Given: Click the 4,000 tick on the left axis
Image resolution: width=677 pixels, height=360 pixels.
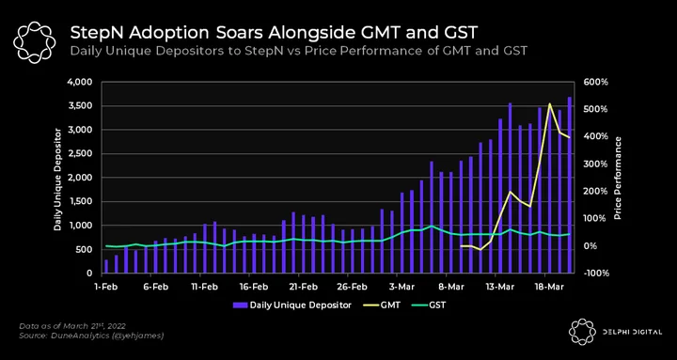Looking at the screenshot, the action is [82, 82].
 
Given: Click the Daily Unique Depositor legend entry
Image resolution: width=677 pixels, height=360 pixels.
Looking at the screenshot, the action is [292, 305].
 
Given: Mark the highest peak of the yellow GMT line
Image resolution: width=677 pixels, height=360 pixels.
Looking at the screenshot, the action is [550, 103].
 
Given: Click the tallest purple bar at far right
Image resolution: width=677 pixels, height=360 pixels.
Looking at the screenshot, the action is [570, 185].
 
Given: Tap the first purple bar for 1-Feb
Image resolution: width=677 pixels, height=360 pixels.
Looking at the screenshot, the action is [106, 266].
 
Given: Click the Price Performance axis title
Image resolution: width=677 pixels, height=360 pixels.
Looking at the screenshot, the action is [618, 178].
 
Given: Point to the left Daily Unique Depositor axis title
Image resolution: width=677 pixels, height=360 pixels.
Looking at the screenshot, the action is [57, 180].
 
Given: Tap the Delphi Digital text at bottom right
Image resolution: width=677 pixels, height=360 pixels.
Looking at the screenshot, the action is [631, 332].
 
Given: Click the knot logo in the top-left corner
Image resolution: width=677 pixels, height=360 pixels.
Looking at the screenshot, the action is [34, 42].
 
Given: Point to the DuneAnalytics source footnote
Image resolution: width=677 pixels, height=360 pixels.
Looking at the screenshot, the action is [91, 336].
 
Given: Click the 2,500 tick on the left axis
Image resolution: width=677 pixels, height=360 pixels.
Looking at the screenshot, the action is [83, 153].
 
